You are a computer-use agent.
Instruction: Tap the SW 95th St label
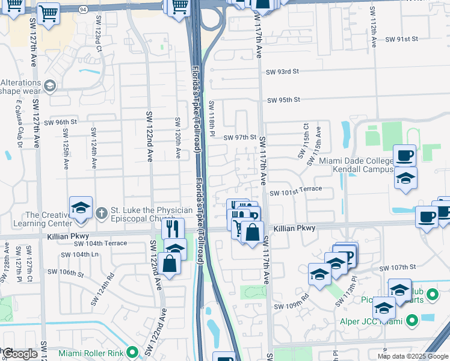pos(284,100)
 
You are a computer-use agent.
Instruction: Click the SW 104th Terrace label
pos(100,243)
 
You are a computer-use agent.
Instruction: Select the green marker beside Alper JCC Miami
pos(411,321)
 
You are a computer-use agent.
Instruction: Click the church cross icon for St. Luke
pos(102,213)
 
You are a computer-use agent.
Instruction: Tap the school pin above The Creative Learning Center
pos(81,208)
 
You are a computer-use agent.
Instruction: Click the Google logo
pos(19,354)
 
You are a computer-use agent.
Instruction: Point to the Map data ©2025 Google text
pos(413,356)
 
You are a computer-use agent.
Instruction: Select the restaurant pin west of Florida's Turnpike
pos(173,229)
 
